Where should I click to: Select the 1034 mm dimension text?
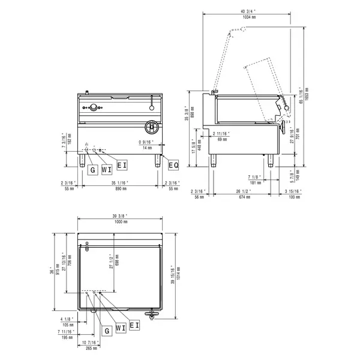(x=246, y=17)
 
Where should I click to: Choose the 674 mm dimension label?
(x=244, y=196)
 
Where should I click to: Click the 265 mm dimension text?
(x=92, y=347)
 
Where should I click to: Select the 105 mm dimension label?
(x=67, y=325)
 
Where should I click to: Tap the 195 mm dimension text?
(x=67, y=336)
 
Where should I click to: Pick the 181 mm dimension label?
(x=254, y=182)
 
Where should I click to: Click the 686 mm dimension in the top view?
(x=117, y=264)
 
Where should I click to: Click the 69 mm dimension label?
(x=222, y=139)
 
